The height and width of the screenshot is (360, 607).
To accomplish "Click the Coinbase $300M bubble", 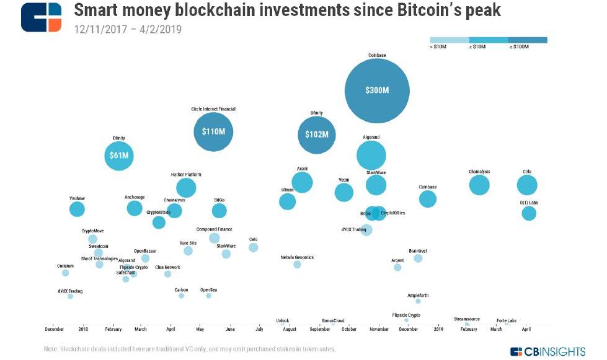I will coord(377,90).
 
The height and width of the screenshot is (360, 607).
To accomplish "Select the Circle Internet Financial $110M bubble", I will coord(213,131).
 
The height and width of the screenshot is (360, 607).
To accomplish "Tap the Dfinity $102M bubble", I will coord(317,134).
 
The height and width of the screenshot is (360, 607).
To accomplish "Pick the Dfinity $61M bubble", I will coord(119,156).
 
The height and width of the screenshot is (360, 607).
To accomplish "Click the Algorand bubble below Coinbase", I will coord(371,155).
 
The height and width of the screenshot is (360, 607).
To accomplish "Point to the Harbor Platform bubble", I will coord(186,187).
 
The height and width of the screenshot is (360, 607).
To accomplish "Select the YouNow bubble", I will coord(77,209).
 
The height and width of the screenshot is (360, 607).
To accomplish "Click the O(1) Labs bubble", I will coord(528,213).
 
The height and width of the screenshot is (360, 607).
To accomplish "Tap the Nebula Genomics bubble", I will coord(297,265).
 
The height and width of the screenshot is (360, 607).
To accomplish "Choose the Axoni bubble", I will coord(302,182).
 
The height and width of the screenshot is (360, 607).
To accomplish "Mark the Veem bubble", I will coord(343,192).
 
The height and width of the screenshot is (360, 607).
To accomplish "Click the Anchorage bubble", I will coord(134,208).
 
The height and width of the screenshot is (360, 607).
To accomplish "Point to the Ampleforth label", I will coord(418,296).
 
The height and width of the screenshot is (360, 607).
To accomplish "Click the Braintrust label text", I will coord(418,251).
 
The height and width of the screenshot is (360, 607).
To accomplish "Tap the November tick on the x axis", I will coord(379,329).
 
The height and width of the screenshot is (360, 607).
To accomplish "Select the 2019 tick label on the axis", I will coord(439,329).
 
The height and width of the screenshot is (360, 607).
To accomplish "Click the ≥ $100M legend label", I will coord(520,47).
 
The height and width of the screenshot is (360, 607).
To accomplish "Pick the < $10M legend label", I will coord(439,47).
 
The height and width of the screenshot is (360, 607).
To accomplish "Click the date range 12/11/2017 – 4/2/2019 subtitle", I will coord(128,29).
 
